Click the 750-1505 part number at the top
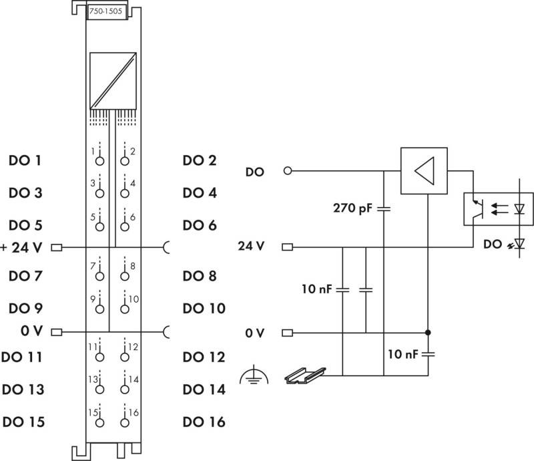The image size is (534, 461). tap(105, 11)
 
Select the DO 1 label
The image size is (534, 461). tap(25, 160)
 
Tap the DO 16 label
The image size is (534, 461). tap(204, 422)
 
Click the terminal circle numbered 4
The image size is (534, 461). tap(125, 193)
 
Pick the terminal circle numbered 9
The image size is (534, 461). tap(99, 309)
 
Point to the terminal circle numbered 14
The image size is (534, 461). tap(125, 390)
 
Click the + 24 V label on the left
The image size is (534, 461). tap(21, 248)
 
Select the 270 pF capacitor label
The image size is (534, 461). tap(353, 208)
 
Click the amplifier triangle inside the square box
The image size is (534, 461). tap(425, 171)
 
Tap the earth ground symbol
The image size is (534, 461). tap(254, 375)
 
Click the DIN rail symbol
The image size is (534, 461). tap(305, 375)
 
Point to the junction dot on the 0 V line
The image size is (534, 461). tap(428, 333)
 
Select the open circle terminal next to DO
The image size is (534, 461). tap(288, 170)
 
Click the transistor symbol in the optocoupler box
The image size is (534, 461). tap(479, 208)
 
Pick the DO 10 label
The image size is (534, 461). tap(204, 308)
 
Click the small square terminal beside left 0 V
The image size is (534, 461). tap(57, 332)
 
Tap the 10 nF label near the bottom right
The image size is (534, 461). tap(403, 354)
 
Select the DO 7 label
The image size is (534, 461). tap(25, 276)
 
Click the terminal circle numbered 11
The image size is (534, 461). tap(99, 357)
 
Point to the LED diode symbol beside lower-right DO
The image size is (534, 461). tap(519, 243)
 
